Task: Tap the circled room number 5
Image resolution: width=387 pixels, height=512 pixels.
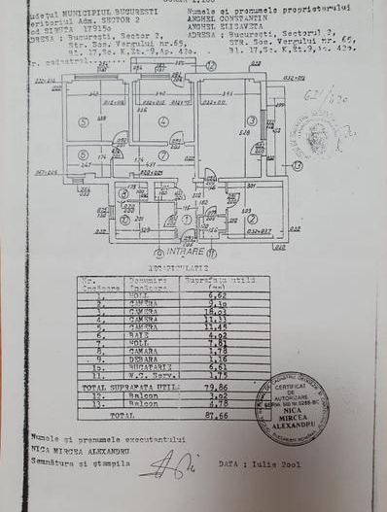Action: tap(85, 121)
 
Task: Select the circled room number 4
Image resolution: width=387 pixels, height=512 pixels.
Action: tap(165, 121)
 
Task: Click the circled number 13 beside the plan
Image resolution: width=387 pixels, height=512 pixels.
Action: tap(297, 165)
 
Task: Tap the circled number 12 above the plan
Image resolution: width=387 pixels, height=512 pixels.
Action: tap(211, 65)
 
